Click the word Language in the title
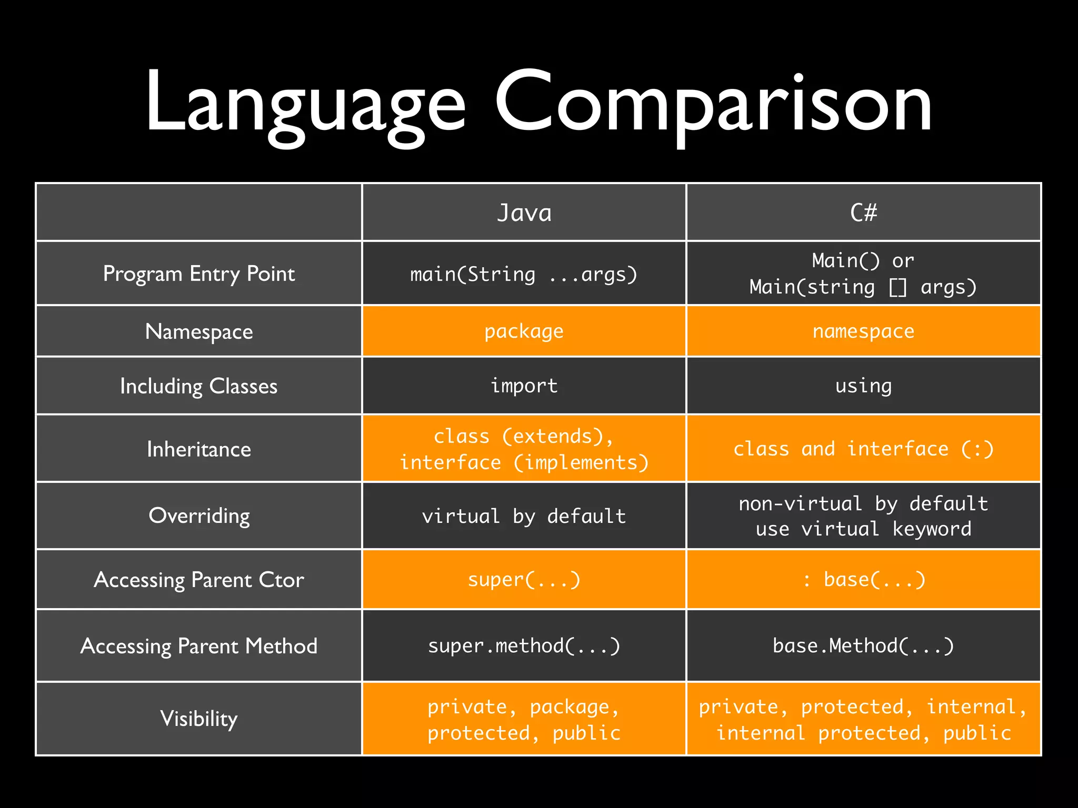[305, 103]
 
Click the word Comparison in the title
[713, 103]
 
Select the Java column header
[524, 213]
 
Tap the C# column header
[864, 213]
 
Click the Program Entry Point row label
[199, 274]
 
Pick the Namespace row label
[199, 331]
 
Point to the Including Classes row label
[199, 386]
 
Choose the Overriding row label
[199, 516]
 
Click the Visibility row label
[199, 719]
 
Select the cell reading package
[524, 331]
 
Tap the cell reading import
[524, 386]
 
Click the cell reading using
[864, 386]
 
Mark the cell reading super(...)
[524, 580]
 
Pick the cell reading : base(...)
[864, 580]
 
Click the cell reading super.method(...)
[524, 646]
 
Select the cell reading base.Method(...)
[864, 646]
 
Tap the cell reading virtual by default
[524, 516]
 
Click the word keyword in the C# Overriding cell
[932, 529]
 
